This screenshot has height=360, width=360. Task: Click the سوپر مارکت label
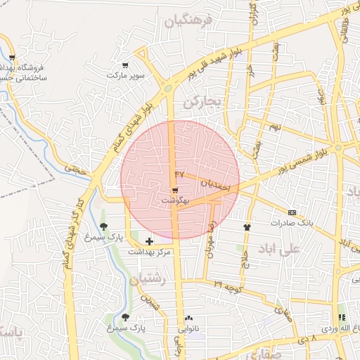click(x=125, y=75)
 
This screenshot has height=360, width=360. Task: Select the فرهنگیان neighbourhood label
click(x=188, y=21)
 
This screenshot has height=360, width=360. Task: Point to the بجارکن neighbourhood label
click(x=202, y=103)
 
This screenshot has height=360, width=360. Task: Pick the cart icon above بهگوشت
click(x=174, y=191)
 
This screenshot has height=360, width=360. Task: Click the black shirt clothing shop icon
click(x=247, y=227)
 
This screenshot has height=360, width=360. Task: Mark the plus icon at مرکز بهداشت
click(x=148, y=241)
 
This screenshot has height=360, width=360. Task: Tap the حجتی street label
click(x=74, y=169)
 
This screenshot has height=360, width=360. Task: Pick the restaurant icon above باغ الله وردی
click(x=342, y=317)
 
